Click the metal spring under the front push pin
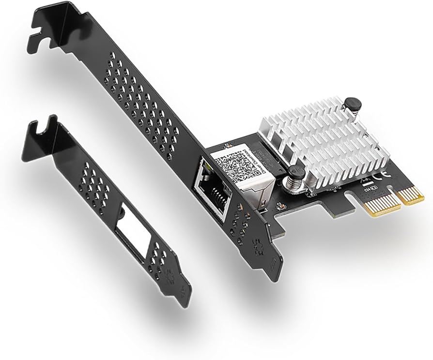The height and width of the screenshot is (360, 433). click(x=294, y=184)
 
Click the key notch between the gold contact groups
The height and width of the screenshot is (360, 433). click(x=400, y=199)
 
